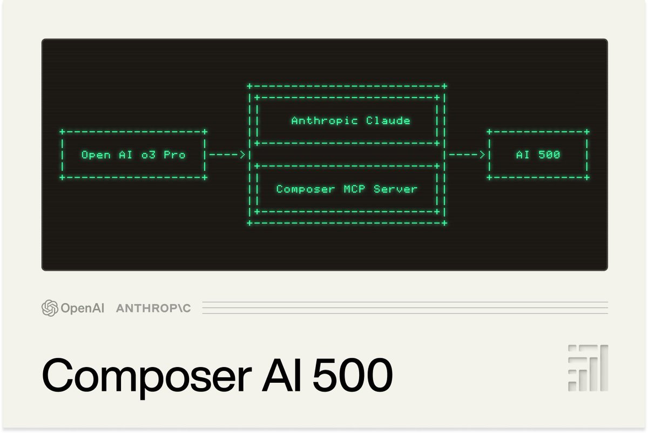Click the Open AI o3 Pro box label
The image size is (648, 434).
(133, 155)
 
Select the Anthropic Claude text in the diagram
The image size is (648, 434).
(350, 120)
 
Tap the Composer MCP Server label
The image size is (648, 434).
(347, 189)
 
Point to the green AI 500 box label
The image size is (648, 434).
(538, 155)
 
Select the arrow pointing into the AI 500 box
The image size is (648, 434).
(467, 155)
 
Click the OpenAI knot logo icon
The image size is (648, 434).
(50, 308)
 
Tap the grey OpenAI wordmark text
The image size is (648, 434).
(82, 308)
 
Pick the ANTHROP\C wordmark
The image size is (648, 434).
(153, 308)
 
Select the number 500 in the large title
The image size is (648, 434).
(343, 374)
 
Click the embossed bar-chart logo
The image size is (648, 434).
(588, 368)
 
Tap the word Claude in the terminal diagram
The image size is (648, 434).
(388, 120)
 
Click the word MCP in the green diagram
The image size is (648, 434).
(354, 189)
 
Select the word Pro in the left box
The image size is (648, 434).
(174, 155)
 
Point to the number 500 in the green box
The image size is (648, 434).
(549, 155)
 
